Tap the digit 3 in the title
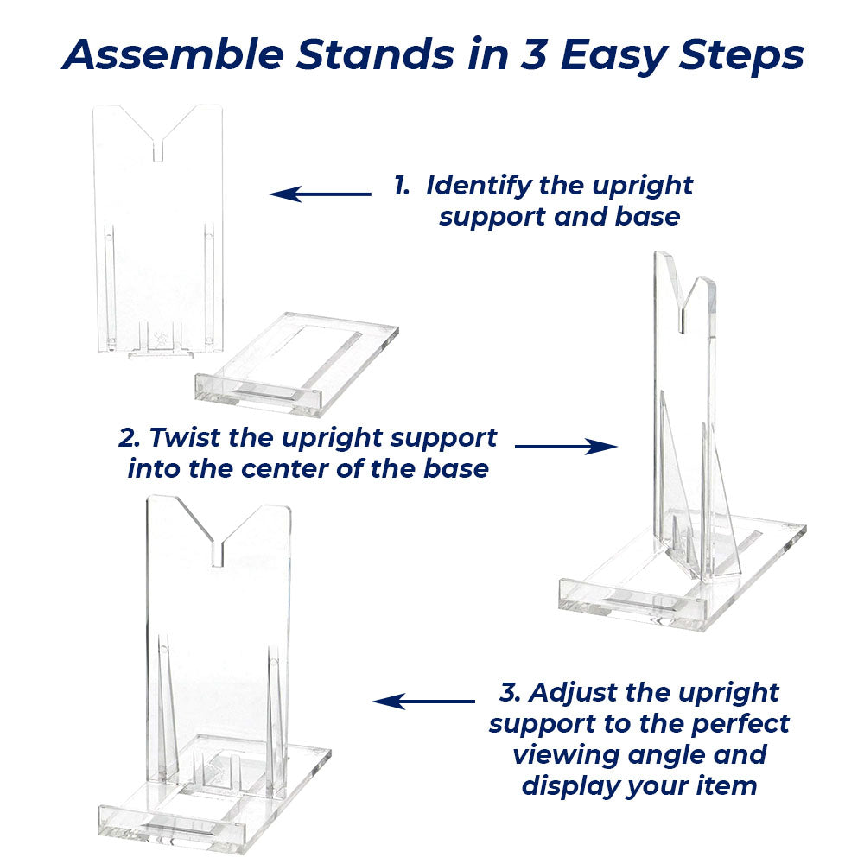[533, 54]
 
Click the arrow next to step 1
[321, 194]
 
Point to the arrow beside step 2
[566, 447]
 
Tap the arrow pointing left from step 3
[423, 702]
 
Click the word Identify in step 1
[478, 186]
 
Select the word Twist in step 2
[185, 437]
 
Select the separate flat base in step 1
[297, 365]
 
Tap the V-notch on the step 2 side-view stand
[683, 308]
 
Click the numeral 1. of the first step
[402, 186]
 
